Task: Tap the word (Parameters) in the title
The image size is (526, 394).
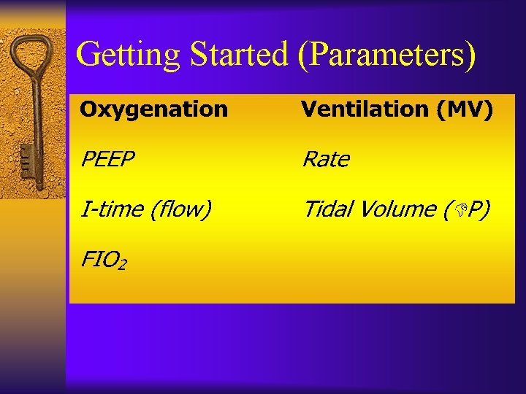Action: pyautogui.click(x=386, y=55)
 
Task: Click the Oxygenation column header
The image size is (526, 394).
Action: pyautogui.click(x=153, y=109)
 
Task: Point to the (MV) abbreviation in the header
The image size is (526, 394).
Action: pyautogui.click(x=464, y=109)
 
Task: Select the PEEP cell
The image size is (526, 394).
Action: pyautogui.click(x=107, y=159)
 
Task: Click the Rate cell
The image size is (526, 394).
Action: pyautogui.click(x=326, y=159)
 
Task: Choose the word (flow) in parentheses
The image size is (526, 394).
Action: pyautogui.click(x=180, y=209)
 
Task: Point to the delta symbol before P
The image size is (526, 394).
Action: pyautogui.click(x=459, y=210)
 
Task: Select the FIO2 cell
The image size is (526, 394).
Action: pyautogui.click(x=103, y=258)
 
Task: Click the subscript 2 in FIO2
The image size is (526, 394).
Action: pyautogui.click(x=121, y=263)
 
